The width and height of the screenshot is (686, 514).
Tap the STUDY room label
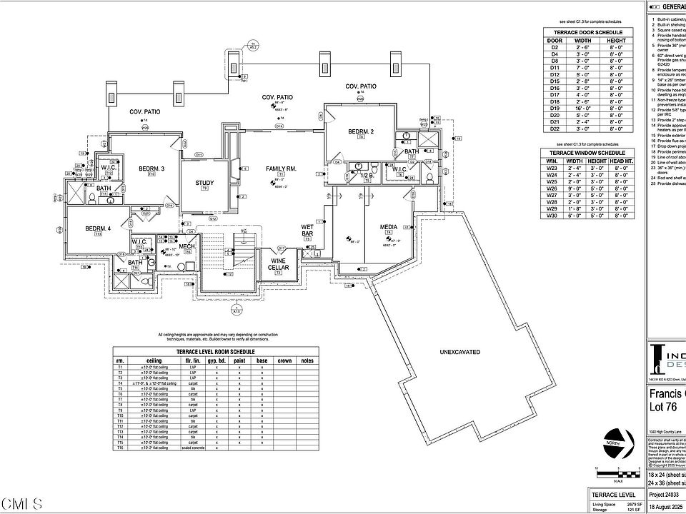coord(204,183)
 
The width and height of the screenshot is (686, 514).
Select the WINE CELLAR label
coord(278,263)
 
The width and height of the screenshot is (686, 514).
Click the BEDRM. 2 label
coord(362,132)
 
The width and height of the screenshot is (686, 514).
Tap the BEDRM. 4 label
coord(98,228)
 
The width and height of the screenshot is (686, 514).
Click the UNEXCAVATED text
coord(460,353)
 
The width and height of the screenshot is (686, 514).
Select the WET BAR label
coord(308,231)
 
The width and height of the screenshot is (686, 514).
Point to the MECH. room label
coord(187,246)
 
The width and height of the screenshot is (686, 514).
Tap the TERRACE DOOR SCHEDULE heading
coord(586,33)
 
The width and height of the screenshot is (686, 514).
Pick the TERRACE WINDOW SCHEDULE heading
coord(586,153)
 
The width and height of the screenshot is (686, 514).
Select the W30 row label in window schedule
coord(552,215)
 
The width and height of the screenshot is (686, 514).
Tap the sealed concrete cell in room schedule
coord(193,448)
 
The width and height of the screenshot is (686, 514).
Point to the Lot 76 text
coord(665,408)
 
